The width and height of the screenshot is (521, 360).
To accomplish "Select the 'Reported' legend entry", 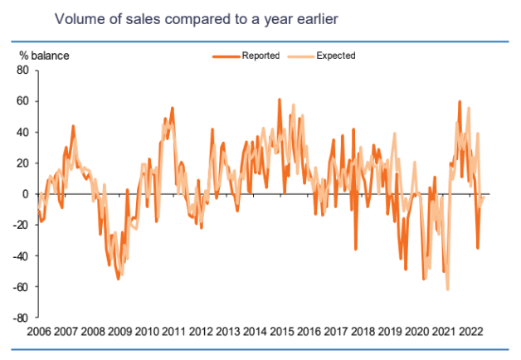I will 261,56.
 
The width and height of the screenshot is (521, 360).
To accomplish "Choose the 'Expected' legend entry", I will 335,56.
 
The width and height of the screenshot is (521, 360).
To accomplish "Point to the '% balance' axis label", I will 45,56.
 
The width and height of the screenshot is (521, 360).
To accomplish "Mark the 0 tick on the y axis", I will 26,194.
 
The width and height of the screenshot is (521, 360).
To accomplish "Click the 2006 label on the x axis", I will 38,332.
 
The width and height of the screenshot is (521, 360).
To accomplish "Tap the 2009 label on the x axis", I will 119,332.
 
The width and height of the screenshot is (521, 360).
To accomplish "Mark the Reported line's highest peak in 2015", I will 280,100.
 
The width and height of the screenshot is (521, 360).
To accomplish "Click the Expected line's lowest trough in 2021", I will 448,290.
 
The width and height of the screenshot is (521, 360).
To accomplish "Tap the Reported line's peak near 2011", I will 173,108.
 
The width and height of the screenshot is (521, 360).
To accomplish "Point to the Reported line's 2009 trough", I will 118,280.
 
